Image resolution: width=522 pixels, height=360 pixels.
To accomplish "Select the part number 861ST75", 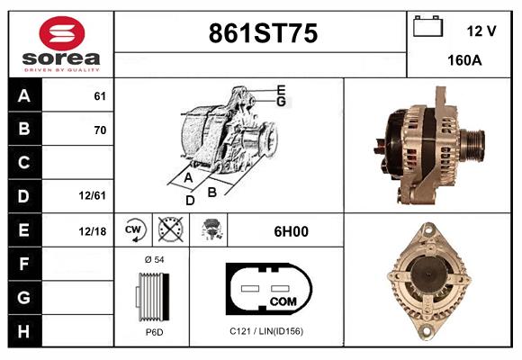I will point(262,34).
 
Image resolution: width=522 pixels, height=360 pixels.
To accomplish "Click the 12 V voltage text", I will point(481,31).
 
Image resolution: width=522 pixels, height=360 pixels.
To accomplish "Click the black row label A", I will point(24,96).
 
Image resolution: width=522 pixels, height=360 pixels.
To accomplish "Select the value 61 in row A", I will point(100,96).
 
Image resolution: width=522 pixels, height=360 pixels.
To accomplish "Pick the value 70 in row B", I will point(100,130).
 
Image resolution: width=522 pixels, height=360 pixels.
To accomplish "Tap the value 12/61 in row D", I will point(94,194).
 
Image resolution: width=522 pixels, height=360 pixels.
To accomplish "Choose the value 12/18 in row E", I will point(93,231).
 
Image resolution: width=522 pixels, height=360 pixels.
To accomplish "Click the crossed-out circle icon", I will point(168,230).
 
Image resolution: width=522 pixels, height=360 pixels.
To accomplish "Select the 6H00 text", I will point(291,231).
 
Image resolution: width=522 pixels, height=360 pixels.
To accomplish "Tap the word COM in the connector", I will point(283,300).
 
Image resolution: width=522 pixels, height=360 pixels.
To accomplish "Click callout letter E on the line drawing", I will point(281,90).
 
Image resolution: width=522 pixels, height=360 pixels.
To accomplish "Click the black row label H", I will point(24,330).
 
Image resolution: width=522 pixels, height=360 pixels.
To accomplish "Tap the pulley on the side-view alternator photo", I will point(470,142).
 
